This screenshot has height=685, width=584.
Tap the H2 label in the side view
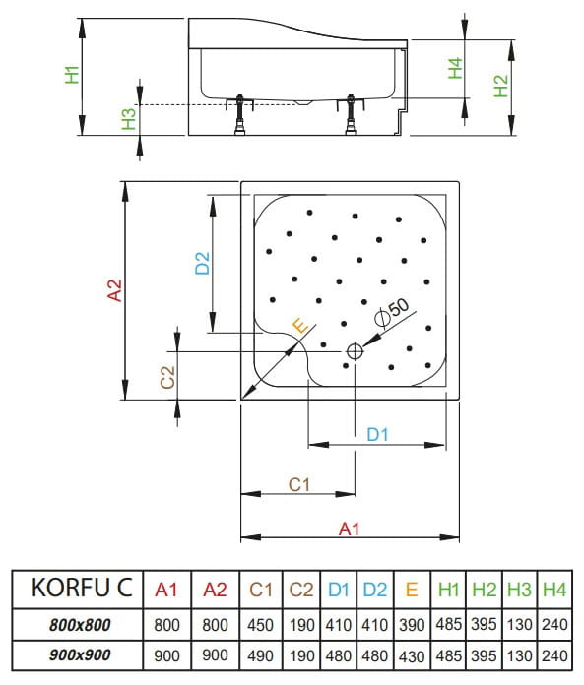coord(500,86)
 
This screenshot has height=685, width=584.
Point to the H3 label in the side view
coord(128,119)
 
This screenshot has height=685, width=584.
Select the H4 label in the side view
coord(454,69)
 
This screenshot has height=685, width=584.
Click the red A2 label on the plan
coord(115,290)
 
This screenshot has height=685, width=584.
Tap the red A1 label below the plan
coord(348,529)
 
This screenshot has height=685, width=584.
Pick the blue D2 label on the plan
coord(202,263)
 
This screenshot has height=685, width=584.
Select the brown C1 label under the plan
coord(299,483)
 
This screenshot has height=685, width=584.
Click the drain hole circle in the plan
coord(355,350)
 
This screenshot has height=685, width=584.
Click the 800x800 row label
coord(80,624)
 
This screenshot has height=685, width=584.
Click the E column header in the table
coord(412,591)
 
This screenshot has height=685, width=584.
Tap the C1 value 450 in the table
coord(261,624)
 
